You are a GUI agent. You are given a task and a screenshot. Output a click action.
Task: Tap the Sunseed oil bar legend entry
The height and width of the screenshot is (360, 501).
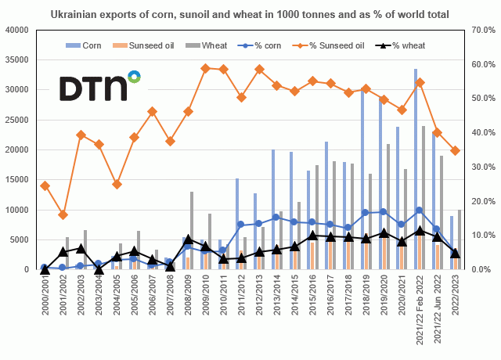click(164, 45)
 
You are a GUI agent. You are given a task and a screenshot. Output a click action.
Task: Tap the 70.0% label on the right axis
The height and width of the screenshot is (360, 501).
click(478, 30)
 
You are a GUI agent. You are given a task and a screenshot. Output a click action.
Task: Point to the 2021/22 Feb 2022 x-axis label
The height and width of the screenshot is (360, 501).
click(420, 309)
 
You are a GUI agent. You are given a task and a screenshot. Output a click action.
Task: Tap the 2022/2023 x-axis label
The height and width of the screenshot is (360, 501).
click(456, 295)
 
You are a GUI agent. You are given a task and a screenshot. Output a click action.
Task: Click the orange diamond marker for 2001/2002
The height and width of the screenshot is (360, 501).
click(63, 214)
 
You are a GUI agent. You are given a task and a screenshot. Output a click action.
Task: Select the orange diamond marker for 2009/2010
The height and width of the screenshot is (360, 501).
click(206, 68)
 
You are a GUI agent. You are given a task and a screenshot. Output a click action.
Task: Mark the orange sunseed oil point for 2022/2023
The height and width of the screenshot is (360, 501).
click(456, 150)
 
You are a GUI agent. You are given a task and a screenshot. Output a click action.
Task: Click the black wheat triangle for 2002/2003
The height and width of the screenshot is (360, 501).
click(81, 248)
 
